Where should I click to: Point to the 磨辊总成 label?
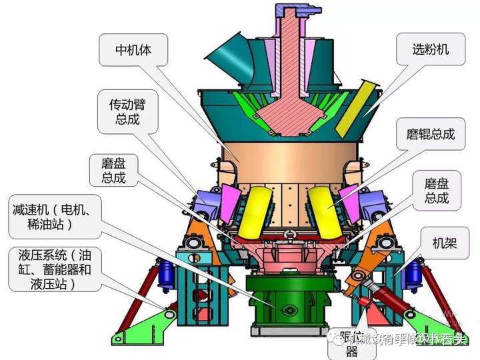coord(431,134)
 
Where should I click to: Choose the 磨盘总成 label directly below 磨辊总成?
coord(437,190)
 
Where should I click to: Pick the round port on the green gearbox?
coord(289,311)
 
